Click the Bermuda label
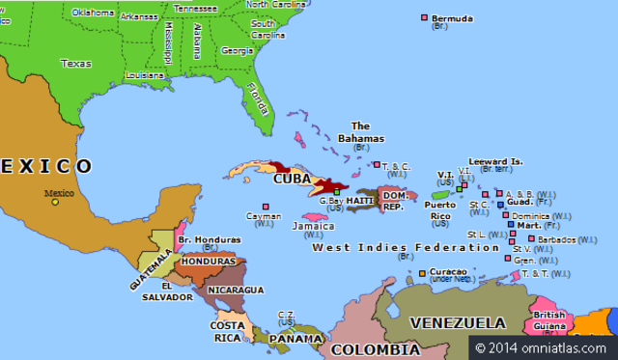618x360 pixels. click(452, 18)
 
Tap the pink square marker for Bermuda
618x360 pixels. click(425, 17)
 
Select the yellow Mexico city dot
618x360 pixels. click(55, 202)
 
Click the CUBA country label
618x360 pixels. click(292, 179)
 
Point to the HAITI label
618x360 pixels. click(359, 201)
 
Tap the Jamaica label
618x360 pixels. click(312, 226)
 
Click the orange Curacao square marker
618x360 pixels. click(422, 273)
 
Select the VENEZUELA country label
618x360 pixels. click(457, 321)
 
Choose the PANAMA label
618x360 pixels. click(295, 340)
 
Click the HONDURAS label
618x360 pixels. click(208, 262)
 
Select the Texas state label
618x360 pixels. click(75, 63)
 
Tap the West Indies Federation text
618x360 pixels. click(392, 248)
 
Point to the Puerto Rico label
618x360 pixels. click(440, 209)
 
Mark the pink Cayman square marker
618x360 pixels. click(265, 206)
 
